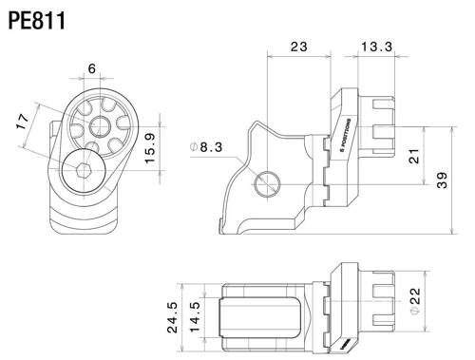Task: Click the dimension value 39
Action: (x=443, y=181)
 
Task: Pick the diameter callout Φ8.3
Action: (x=206, y=147)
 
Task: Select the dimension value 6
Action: (x=91, y=69)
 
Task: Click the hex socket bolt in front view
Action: (x=83, y=171)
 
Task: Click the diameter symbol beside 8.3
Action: (x=194, y=147)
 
